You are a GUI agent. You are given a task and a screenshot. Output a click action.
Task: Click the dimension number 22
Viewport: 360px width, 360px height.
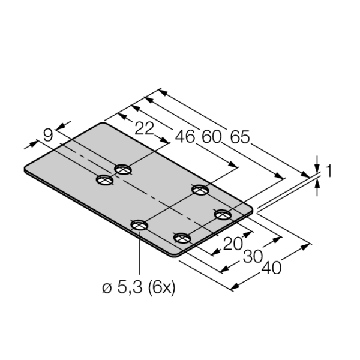click(x=144, y=128)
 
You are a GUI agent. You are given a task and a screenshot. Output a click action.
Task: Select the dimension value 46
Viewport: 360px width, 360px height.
click(x=185, y=137)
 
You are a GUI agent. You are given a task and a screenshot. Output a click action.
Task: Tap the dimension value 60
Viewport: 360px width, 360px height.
click(x=211, y=137)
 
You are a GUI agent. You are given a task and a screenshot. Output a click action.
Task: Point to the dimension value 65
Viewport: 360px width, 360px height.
click(x=239, y=137)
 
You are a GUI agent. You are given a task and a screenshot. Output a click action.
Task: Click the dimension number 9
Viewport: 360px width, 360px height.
click(x=48, y=135)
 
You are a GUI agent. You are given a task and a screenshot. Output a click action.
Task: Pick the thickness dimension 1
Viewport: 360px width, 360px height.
click(x=329, y=171)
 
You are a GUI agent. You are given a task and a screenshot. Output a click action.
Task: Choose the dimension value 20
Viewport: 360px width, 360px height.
click(x=233, y=244)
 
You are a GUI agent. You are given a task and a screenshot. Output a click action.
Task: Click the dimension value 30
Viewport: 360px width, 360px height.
click(x=253, y=256)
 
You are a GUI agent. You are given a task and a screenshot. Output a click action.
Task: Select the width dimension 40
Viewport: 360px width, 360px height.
click(x=271, y=268)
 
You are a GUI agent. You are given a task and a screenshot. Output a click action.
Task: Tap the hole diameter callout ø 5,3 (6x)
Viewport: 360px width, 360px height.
click(x=139, y=287)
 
